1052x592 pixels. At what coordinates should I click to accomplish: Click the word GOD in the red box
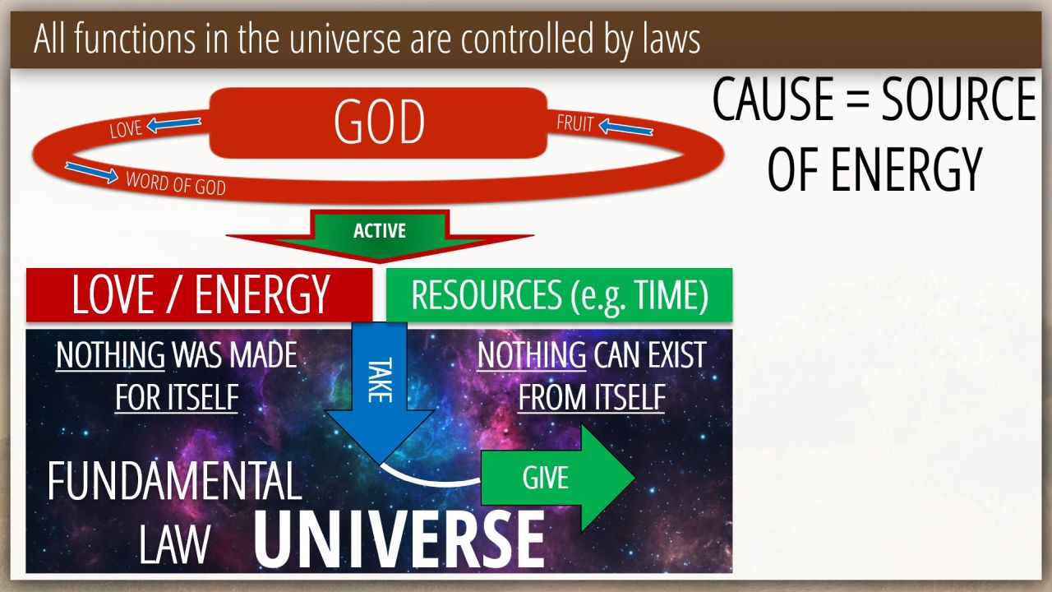(379, 123)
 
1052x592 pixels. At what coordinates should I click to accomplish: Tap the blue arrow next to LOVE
(173, 124)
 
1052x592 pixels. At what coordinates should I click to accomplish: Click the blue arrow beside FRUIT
(626, 127)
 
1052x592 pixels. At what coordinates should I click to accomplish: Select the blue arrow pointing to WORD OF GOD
(91, 173)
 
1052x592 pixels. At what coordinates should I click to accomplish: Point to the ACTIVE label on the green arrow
(380, 231)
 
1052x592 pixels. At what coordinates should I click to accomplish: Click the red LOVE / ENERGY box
(199, 294)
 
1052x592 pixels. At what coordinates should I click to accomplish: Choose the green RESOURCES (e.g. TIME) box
(559, 294)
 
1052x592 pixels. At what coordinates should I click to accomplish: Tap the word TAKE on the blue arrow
(380, 380)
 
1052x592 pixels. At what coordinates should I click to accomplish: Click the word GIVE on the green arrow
(545, 478)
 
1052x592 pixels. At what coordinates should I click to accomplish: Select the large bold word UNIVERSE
(399, 539)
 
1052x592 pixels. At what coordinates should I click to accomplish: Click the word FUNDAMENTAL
(174, 481)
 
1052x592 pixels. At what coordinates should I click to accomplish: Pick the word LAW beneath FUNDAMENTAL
(174, 544)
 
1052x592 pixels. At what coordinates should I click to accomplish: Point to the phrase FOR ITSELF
(177, 397)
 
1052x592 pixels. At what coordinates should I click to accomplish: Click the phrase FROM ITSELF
(591, 397)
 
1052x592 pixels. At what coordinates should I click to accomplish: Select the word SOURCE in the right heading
(958, 99)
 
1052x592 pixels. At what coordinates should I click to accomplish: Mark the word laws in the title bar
(671, 39)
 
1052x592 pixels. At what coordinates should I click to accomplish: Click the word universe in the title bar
(344, 39)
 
